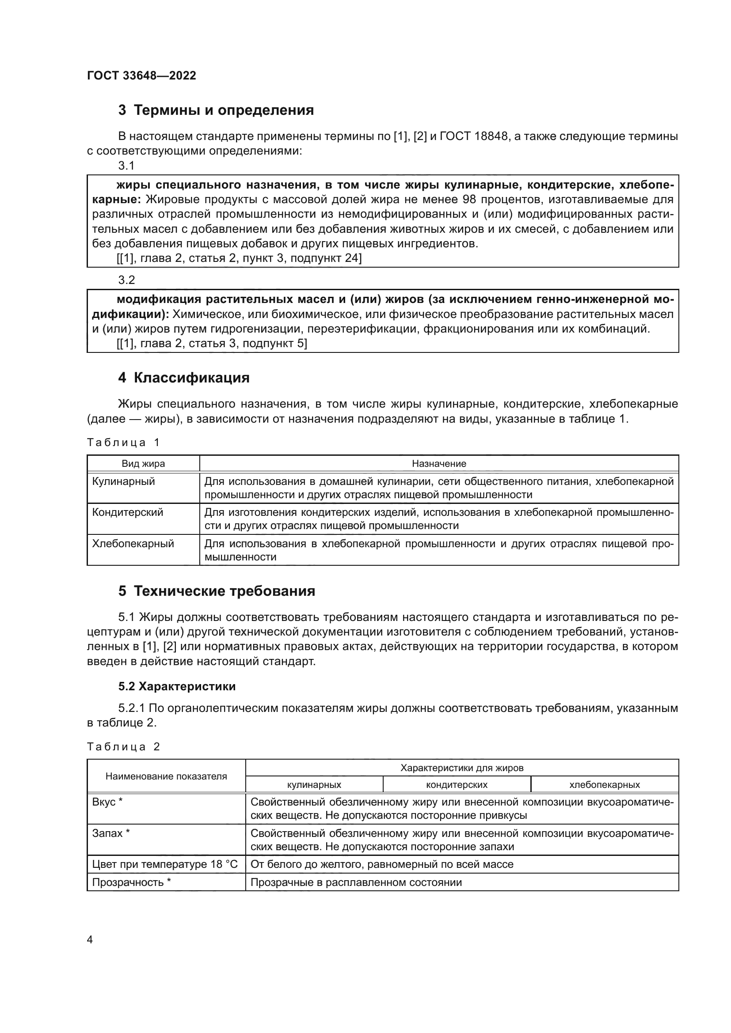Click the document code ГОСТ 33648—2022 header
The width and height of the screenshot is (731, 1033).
tap(141, 76)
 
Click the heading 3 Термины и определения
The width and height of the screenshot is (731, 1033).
tap(216, 110)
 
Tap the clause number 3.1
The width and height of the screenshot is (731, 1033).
tap(126, 166)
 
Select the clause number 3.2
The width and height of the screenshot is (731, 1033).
tap(126, 280)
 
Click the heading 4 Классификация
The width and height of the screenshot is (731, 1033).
tap(184, 378)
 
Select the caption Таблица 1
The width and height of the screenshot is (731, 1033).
tap(123, 442)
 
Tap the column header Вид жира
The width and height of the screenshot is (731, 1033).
tap(143, 463)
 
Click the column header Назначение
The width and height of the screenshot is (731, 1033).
tap(439, 463)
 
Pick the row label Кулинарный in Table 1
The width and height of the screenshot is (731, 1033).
tap(123, 481)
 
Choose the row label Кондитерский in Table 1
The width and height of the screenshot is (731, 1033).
tap(127, 512)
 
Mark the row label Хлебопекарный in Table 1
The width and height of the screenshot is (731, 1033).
tap(133, 544)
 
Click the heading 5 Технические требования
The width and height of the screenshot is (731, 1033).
tap(217, 591)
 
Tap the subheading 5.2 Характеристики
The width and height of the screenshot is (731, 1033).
tap(177, 686)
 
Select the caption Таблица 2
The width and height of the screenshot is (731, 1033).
tap(123, 747)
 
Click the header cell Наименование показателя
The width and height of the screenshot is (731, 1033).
tap(166, 776)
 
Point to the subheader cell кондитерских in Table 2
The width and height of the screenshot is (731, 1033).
tap(457, 785)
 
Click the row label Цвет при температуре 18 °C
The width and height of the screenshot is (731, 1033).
tap(165, 864)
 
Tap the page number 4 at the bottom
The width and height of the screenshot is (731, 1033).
tap(90, 940)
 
